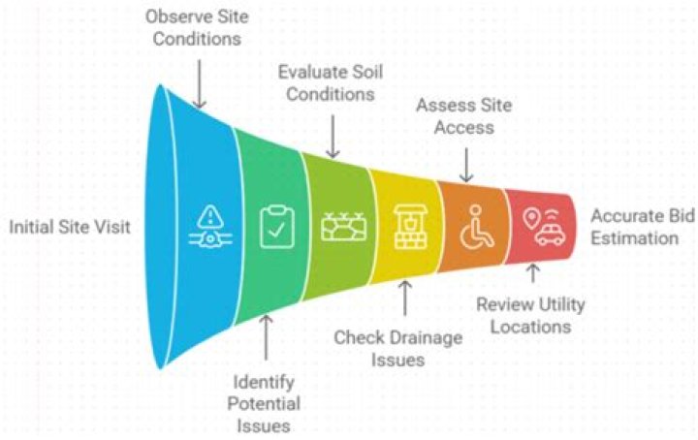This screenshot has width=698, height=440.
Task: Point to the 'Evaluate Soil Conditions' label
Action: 326,83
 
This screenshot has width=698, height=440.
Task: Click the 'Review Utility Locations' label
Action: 529,315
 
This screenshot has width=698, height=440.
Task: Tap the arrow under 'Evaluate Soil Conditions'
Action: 333,136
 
